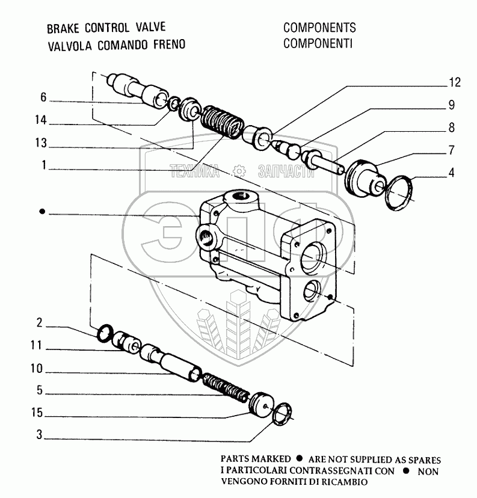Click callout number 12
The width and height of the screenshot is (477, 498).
point(454,82)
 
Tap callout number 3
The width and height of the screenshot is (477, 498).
point(39,435)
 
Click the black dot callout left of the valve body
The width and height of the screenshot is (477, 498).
point(42,212)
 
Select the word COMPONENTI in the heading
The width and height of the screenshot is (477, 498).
point(318,43)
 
